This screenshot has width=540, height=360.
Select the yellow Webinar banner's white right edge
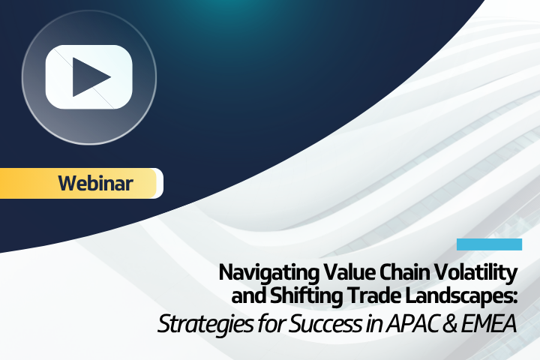pyautogui.click(x=159, y=183)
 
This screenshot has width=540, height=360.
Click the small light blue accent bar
pyautogui.click(x=489, y=244)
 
